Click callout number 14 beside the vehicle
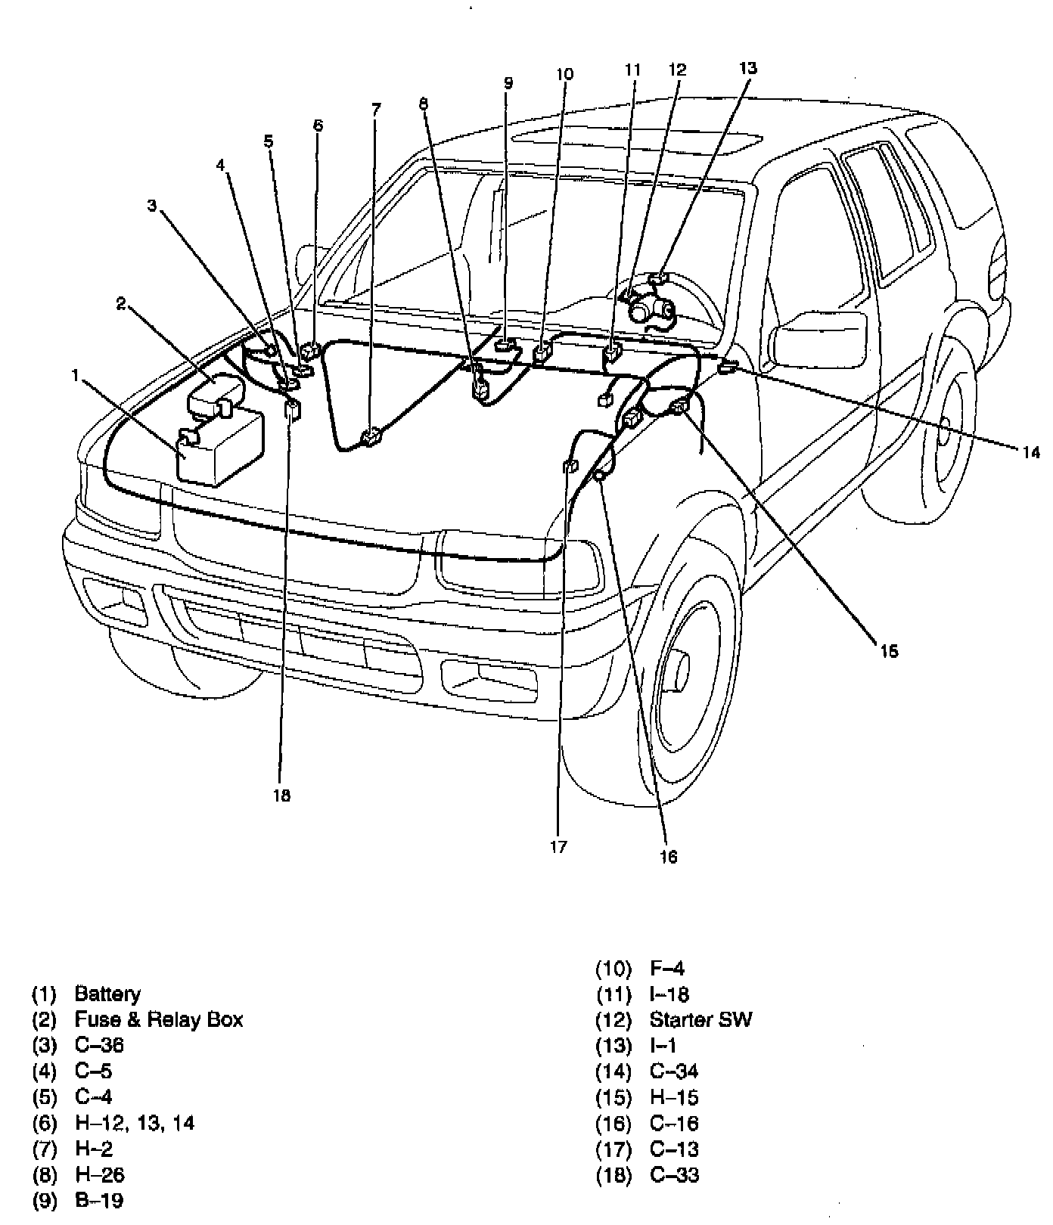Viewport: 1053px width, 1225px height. point(1031,452)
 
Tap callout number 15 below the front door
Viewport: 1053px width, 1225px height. point(889,651)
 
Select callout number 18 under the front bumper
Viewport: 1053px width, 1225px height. point(281,795)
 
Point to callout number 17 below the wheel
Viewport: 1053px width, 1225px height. point(558,847)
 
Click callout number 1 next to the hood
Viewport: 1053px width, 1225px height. point(75,374)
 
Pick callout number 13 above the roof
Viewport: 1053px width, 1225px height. point(747,68)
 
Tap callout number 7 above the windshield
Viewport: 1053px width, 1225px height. point(376,109)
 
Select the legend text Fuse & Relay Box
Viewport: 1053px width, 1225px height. point(159,1019)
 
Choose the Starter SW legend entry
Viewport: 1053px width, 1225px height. point(700,1019)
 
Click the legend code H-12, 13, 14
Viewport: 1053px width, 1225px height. point(135,1123)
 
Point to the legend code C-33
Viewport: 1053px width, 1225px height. point(674,1175)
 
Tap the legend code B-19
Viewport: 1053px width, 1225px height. point(99,1200)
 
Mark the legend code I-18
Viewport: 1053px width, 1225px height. point(669,994)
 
